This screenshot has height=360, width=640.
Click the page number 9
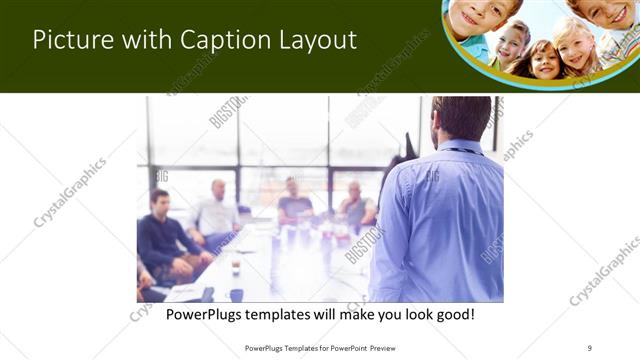[590, 347]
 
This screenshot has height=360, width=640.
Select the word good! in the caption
[452, 314]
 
